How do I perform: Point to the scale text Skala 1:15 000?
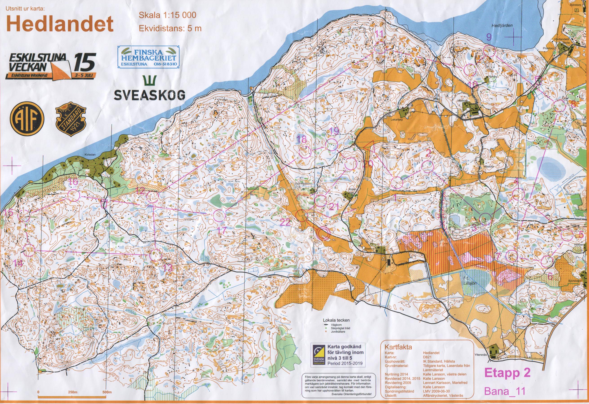(x=167, y=15)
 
